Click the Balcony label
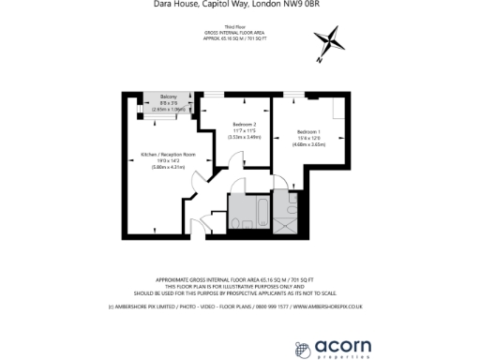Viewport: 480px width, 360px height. point(168,97)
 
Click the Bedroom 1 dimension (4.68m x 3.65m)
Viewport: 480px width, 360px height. point(309,143)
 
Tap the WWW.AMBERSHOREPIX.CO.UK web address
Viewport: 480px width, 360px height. point(336,306)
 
